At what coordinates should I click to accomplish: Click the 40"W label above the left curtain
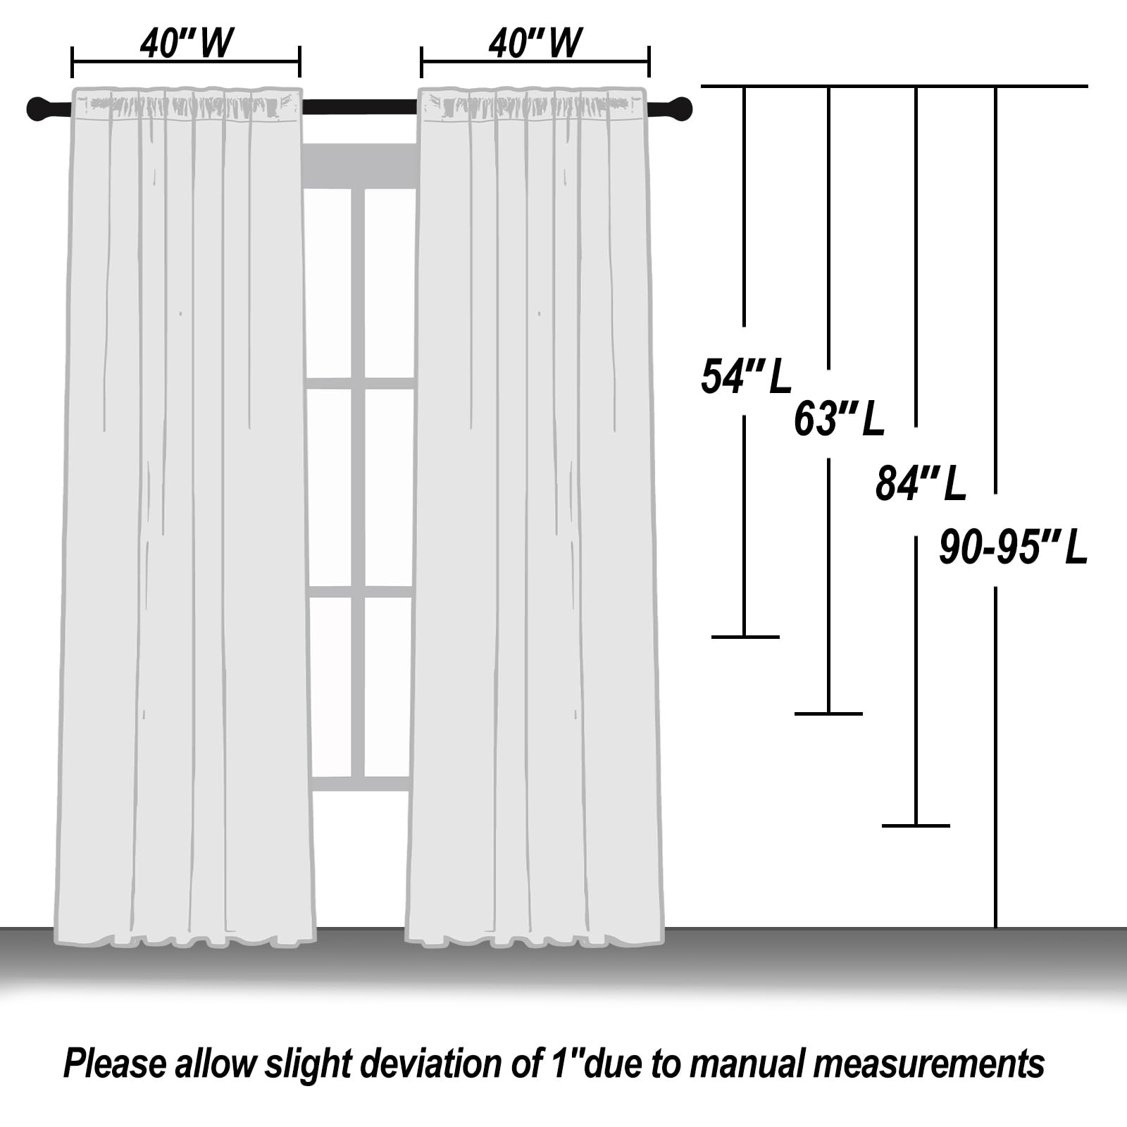pos(186,44)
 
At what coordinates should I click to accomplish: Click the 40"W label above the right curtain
pos(535,44)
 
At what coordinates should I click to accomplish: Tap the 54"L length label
pos(746,376)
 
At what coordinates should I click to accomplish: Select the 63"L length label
pos(839,419)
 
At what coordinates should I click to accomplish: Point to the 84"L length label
pos(921,484)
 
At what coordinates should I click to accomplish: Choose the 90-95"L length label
pos(1014,548)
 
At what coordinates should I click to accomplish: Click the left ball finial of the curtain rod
pos(39,109)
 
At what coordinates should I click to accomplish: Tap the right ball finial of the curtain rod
pos(680,109)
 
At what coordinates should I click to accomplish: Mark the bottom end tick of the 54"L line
pos(745,637)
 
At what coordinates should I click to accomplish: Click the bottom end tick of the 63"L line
pos(828,714)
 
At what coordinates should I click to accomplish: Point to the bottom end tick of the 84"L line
pos(916,825)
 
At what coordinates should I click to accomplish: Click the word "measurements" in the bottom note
pos(929,1064)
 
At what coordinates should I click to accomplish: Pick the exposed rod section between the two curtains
pos(360,107)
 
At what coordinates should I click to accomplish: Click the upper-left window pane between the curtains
pos(328,283)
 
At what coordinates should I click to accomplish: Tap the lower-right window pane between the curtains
pos(388,687)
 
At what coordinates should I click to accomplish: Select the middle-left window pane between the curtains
pos(330,487)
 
